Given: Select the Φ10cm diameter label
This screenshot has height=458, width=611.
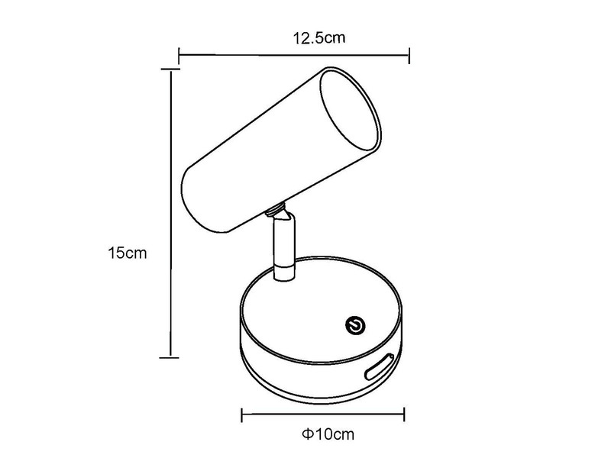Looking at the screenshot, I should coord(328,435).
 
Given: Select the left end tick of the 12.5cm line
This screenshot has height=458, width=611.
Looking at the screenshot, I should coord(179,54).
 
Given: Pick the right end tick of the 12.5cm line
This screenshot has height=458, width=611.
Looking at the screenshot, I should coord(410,54).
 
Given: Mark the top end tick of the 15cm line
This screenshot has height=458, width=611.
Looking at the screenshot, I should coord(170,69).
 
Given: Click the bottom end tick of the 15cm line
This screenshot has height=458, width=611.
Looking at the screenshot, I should coord(170,355).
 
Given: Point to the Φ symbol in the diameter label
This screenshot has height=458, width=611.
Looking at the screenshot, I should coord(305,435).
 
